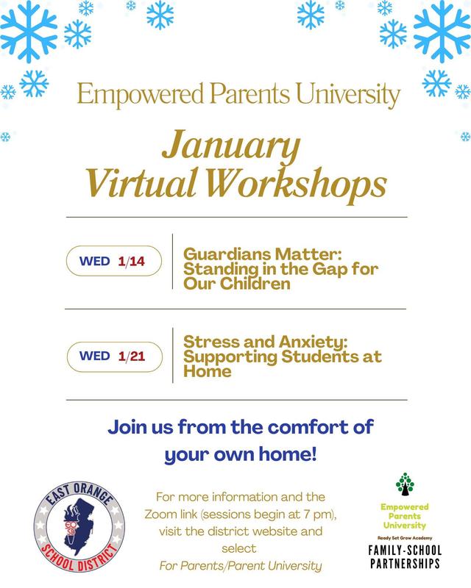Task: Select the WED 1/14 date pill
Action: (x=113, y=260)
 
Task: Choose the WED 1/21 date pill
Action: (x=113, y=356)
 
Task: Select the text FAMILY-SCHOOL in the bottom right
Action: (x=404, y=549)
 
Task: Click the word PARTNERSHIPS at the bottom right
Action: (x=404, y=563)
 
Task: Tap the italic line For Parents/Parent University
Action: (x=240, y=564)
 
